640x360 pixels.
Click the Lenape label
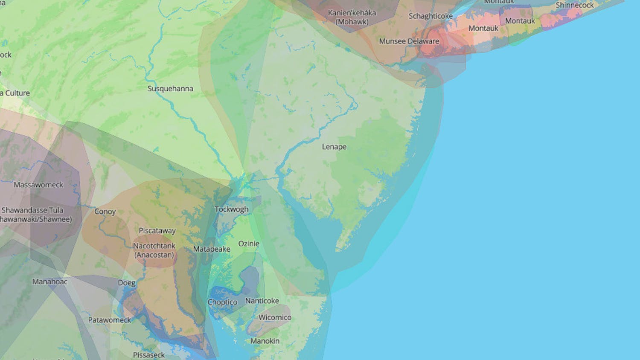point(334,147)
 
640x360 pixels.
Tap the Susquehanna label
point(170,89)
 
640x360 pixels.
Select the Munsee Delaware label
point(409,41)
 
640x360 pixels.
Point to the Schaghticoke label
point(431,16)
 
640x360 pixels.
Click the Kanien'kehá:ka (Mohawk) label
point(352,17)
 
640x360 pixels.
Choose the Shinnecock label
point(574,6)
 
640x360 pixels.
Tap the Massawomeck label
point(38,185)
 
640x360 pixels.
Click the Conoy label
point(105,212)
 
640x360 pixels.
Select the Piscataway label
point(157,231)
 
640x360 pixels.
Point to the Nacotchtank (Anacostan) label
point(154,250)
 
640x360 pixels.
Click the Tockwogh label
point(231,209)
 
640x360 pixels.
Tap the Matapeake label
point(212,249)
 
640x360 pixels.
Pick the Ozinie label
point(249,244)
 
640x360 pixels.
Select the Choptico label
point(222,302)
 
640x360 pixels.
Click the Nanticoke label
point(262,301)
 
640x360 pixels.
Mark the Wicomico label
point(275,317)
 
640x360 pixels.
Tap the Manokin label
point(265,341)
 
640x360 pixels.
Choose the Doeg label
point(127,283)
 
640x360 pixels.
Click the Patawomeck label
point(110,320)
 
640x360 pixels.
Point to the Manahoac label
point(50,282)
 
